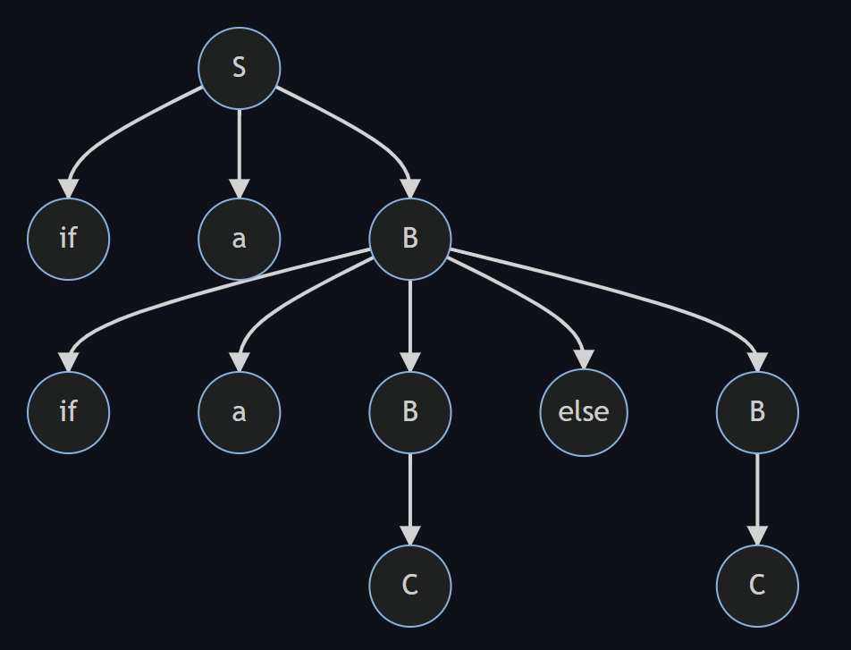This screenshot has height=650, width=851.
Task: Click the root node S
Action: click(x=239, y=67)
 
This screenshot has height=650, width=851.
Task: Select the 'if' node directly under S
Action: click(x=68, y=239)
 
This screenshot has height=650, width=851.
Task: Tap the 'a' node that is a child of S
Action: click(x=239, y=239)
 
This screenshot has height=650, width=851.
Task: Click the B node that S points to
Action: click(x=410, y=239)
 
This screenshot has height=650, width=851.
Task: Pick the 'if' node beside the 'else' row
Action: click(x=68, y=411)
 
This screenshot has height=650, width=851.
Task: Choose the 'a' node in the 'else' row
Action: click(x=239, y=411)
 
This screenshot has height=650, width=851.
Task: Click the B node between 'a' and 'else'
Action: click(x=410, y=411)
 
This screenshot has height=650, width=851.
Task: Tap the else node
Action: click(x=584, y=411)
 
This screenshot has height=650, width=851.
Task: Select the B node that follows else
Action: click(x=757, y=411)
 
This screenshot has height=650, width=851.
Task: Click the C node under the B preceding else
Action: click(x=410, y=585)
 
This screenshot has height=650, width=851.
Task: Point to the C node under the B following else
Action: click(x=757, y=585)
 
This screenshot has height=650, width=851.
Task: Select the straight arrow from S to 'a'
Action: click(x=239, y=148)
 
